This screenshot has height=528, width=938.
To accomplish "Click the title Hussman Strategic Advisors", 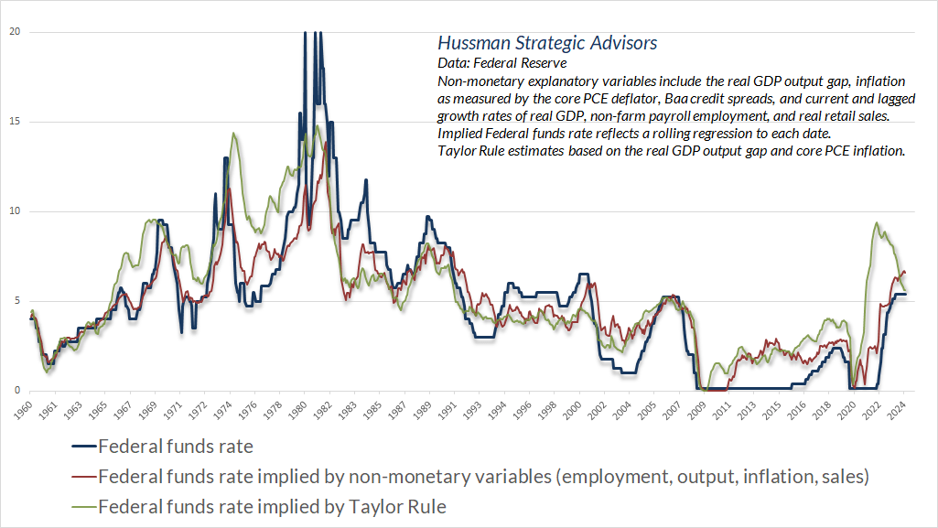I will (x=547, y=43).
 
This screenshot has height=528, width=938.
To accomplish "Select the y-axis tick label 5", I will (x=13, y=301).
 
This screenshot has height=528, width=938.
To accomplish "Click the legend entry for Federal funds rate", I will (x=175, y=447).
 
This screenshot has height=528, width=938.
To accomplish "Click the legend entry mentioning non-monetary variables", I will (x=482, y=477).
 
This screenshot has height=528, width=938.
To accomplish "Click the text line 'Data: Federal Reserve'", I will (x=502, y=63).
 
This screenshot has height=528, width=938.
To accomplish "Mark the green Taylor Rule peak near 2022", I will (x=877, y=222).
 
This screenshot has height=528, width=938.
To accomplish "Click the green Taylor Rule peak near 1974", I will (x=234, y=134).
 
